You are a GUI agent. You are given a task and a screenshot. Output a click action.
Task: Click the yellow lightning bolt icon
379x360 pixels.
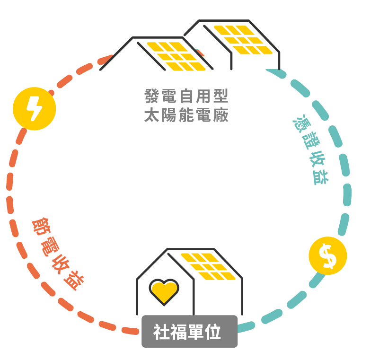35,109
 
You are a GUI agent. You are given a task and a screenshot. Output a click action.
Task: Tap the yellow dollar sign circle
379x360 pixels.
327,256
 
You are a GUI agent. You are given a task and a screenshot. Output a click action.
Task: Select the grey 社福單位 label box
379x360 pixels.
189,332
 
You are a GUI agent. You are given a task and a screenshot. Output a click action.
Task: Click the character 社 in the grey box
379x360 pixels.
161,332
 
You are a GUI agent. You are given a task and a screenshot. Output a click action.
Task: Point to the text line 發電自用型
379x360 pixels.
186,96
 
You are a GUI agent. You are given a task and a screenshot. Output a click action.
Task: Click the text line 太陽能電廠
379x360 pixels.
186,115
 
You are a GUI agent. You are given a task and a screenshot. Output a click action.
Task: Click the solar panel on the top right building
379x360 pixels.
241,39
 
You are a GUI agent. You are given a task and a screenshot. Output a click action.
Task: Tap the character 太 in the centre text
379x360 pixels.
151,115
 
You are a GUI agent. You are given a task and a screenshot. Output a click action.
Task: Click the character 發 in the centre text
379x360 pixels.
151,96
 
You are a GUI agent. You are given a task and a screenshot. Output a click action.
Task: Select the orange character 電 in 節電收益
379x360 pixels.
50,246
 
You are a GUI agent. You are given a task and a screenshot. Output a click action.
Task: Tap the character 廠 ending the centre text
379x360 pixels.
221,115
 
